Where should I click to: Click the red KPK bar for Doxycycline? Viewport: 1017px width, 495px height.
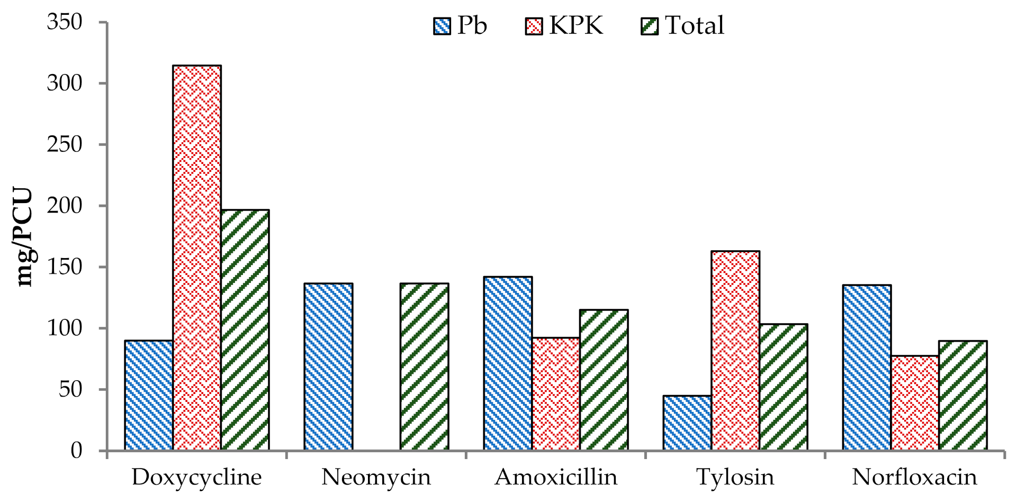(x=197, y=258)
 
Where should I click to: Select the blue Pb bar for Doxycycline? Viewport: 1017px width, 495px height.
(x=149, y=395)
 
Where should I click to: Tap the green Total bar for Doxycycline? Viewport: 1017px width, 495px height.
(x=245, y=330)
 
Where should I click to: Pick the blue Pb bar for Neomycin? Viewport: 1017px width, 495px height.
(x=328, y=366)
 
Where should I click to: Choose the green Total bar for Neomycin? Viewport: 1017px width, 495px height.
(x=424, y=366)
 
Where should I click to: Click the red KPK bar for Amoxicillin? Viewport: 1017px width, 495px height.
(x=556, y=394)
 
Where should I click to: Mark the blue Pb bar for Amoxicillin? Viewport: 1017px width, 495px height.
(x=508, y=363)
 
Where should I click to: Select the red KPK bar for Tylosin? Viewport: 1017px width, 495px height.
(x=735, y=351)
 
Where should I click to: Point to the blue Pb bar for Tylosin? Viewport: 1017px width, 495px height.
(x=687, y=423)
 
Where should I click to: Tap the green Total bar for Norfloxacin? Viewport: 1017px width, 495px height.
(x=962, y=395)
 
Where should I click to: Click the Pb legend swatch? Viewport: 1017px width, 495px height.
(x=442, y=26)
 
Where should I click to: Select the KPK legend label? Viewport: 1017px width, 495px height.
(x=576, y=25)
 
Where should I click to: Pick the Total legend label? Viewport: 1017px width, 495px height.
(x=694, y=25)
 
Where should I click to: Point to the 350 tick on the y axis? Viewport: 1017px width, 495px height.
(x=65, y=22)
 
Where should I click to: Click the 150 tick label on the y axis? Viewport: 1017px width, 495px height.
(x=65, y=267)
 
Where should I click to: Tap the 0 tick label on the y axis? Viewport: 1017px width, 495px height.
(x=76, y=451)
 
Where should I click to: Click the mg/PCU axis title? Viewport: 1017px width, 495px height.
(x=24, y=237)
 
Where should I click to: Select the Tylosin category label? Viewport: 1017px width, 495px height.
(x=735, y=477)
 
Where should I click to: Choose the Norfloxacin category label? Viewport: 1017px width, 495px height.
(x=914, y=477)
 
